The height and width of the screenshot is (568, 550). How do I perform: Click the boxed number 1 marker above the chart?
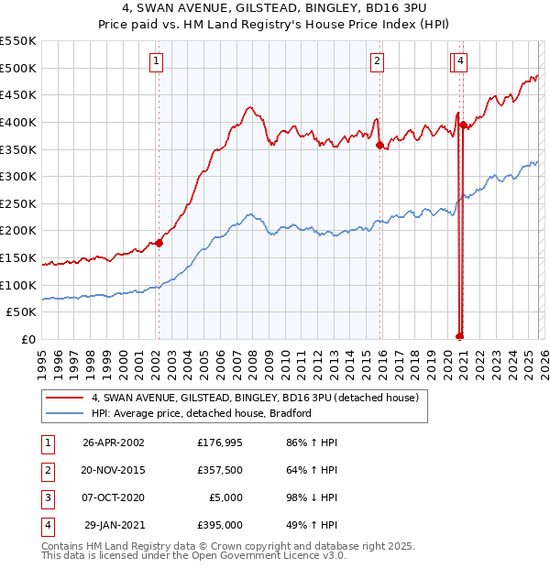[x=157, y=61]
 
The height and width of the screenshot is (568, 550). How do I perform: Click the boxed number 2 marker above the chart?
[x=377, y=61]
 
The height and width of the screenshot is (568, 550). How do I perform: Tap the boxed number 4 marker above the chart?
[x=461, y=61]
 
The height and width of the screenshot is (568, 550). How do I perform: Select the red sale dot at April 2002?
[x=159, y=243]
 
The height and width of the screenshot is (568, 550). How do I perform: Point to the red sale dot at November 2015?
[x=379, y=144]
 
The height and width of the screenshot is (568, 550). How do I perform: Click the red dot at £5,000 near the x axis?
[x=459, y=336]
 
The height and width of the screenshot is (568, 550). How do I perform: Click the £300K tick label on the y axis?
[x=18, y=176]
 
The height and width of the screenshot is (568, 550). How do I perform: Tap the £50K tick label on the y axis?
[x=22, y=311]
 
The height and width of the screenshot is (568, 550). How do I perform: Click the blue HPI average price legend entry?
[x=202, y=413]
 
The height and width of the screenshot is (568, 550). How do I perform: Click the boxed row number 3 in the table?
[x=45, y=497]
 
